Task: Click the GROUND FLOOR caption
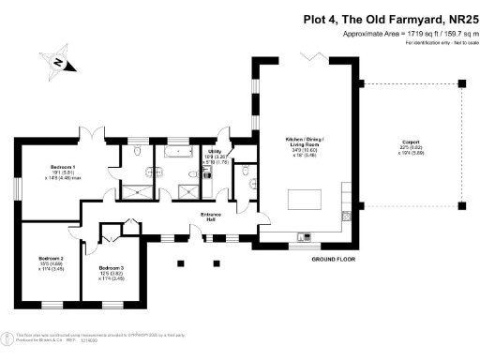pyautogui.click(x=331, y=258)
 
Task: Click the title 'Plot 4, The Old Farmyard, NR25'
pyautogui.click(x=392, y=18)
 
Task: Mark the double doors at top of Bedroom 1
pyautogui.click(x=91, y=134)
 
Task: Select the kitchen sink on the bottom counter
pyautogui.click(x=302, y=235)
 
